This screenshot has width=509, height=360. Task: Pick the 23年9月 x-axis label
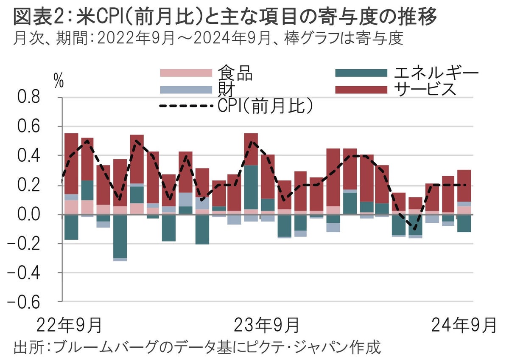tap(267, 326)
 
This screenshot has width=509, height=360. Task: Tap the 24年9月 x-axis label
tap(464, 326)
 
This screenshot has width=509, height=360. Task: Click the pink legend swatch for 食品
tap(185, 73)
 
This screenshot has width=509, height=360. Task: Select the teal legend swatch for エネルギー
tap(361, 73)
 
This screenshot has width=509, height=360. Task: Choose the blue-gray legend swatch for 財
tap(185, 90)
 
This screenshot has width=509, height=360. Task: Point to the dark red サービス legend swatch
tap(361, 90)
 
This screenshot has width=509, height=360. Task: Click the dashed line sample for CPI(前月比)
tap(185, 106)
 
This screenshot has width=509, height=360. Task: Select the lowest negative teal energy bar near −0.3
tap(120, 236)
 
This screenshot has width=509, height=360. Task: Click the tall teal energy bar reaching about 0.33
tap(251, 187)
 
